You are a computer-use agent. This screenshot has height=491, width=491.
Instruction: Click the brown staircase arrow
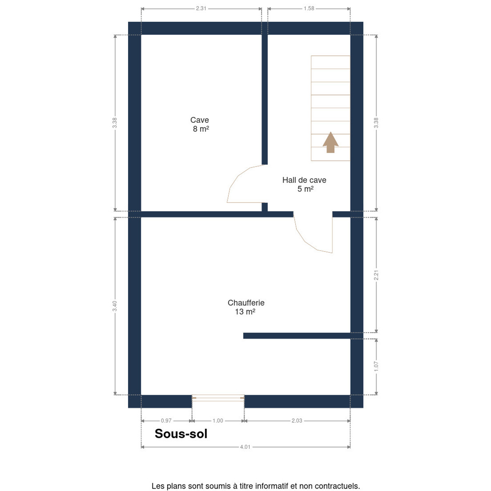331,142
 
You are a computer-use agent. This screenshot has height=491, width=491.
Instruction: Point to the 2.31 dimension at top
201,9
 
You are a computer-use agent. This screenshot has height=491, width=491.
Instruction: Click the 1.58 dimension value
309,9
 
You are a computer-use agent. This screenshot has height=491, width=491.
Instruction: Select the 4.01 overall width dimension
245,447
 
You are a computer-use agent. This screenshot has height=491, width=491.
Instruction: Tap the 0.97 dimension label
166,421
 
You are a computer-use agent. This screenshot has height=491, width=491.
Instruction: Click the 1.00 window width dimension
218,421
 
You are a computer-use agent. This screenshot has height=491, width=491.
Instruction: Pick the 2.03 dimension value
297,421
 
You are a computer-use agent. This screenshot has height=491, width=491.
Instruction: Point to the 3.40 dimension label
115,306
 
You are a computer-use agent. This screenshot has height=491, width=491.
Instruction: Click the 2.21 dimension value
376,275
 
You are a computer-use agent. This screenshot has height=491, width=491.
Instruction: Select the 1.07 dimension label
376,366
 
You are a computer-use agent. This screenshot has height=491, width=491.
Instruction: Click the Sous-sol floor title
181,434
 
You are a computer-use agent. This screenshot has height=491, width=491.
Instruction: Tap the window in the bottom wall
218,398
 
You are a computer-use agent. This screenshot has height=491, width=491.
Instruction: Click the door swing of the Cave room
239,176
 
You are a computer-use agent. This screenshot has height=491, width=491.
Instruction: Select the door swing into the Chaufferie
304,241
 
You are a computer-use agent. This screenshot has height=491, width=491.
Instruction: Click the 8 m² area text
201,129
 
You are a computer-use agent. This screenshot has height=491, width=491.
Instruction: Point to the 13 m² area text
245,312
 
